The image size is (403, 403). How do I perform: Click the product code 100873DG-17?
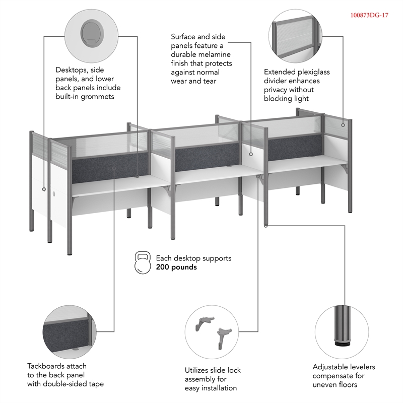369,15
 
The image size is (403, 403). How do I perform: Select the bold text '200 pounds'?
176,267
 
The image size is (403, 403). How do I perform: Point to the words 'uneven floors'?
335,385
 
